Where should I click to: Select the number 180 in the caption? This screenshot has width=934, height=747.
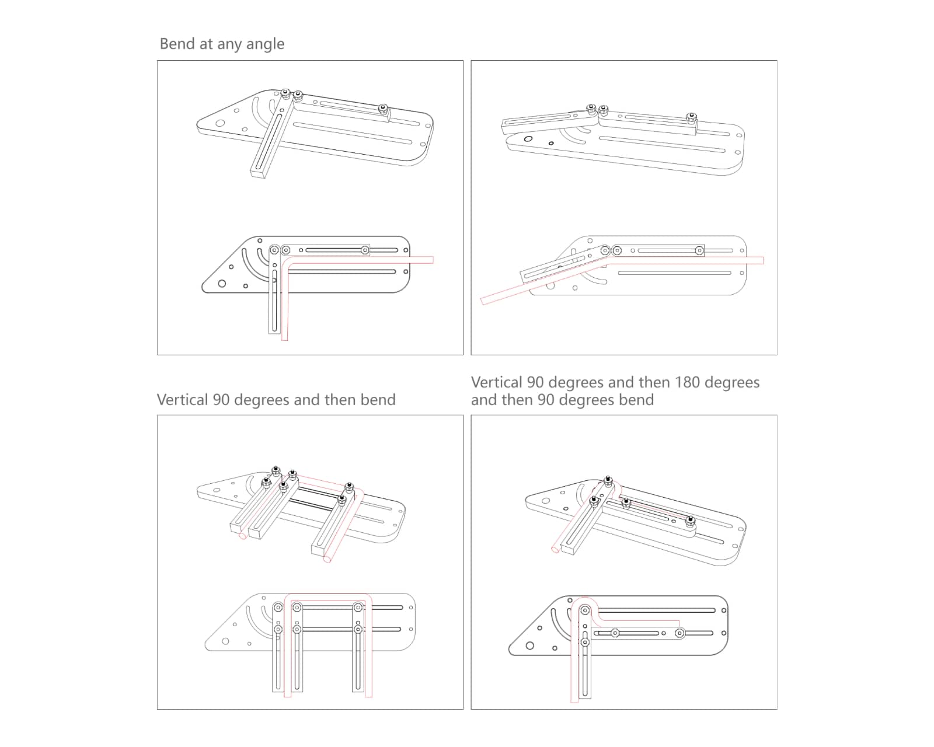click(x=688, y=382)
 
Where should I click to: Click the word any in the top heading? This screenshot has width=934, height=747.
click(x=229, y=45)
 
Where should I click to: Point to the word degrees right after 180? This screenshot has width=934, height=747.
click(x=732, y=383)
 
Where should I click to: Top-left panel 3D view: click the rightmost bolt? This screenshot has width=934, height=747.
click(x=383, y=108)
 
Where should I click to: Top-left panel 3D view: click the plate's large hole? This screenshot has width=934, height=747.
click(x=220, y=123)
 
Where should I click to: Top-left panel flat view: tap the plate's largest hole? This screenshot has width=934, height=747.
click(x=222, y=284)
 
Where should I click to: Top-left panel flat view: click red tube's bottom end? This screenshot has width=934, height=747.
click(x=285, y=339)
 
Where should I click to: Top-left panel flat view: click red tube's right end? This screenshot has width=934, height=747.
click(x=433, y=260)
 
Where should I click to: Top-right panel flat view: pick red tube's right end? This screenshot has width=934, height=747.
click(x=762, y=260)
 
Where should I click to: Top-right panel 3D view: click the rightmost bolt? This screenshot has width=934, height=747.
click(x=691, y=117)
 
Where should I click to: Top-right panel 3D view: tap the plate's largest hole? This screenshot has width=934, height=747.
click(x=528, y=139)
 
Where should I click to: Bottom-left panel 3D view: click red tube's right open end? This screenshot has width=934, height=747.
click(x=327, y=559)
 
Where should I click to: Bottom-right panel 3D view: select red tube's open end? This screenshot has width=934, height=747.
click(x=554, y=549)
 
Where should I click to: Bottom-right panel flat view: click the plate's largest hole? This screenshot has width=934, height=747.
click(x=530, y=645)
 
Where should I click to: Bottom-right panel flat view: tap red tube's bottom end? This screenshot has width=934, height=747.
click(x=574, y=700)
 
